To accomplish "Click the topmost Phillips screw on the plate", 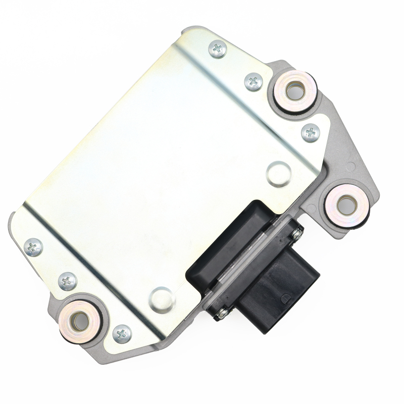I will pos(218,48).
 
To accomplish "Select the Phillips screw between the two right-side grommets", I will pos(311,133).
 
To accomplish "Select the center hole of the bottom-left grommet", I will pos(79,319).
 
